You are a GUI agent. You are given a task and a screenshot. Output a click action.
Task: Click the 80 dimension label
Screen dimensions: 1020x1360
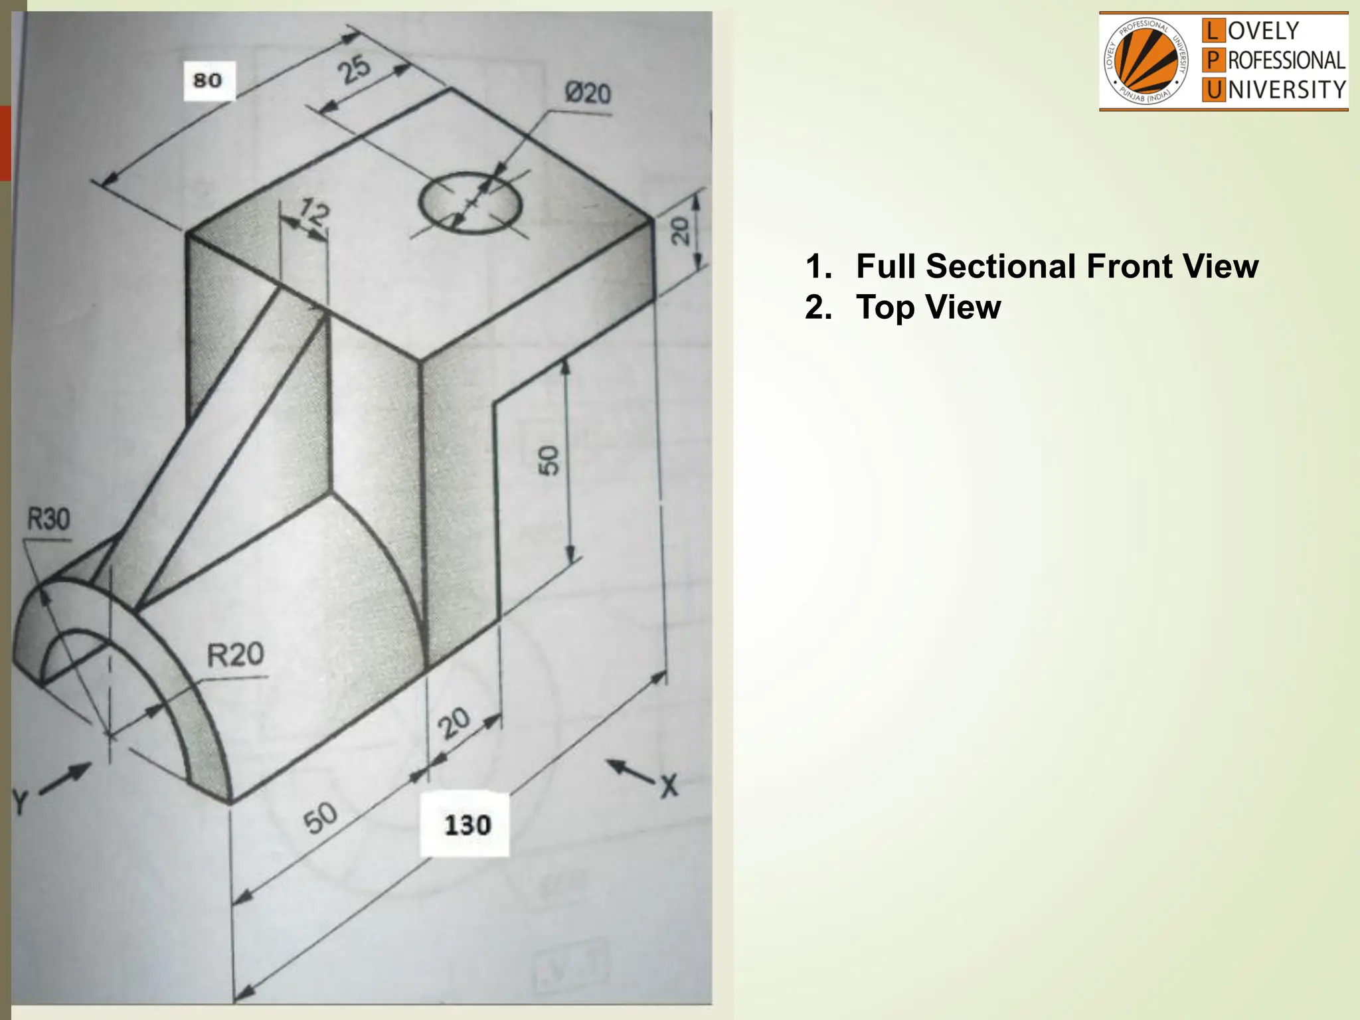click(208, 80)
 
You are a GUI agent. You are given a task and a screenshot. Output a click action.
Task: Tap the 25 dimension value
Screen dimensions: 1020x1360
click(353, 69)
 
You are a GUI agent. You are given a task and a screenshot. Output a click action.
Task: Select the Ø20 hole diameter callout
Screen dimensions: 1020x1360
click(587, 94)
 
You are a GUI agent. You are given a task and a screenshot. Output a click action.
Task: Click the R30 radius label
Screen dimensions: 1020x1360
click(48, 519)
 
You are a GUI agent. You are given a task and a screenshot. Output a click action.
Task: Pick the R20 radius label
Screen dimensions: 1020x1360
click(235, 655)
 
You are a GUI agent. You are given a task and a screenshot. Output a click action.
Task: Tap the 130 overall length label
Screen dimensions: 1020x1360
click(467, 825)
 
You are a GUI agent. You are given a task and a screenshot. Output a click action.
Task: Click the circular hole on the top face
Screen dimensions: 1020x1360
click(470, 203)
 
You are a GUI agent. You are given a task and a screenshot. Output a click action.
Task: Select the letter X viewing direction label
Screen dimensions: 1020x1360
click(668, 786)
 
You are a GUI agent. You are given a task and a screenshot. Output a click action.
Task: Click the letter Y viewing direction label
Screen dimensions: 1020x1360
click(20, 802)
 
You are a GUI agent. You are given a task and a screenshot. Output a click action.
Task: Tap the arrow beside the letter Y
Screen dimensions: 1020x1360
click(66, 780)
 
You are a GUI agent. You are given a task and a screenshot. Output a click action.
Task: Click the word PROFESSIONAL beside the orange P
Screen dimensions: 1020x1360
click(1286, 60)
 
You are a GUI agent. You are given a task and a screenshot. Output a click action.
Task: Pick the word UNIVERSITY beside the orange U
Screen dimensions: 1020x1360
click(1286, 90)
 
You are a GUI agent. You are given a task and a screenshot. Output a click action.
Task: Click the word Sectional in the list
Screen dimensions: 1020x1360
click(1003, 266)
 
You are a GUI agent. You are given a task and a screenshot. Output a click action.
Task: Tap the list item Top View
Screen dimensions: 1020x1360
click(928, 307)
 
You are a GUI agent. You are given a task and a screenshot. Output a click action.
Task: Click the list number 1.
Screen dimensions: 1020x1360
click(816, 266)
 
